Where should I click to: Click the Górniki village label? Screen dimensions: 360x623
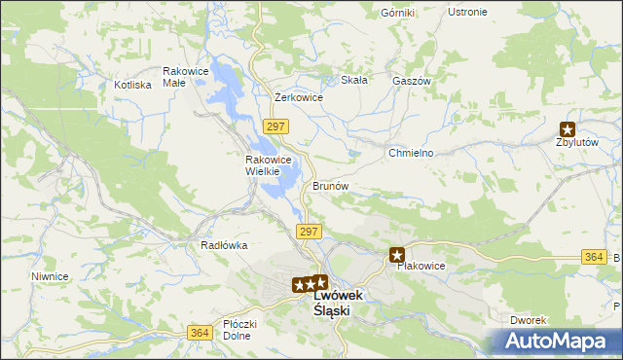(x=398, y=13)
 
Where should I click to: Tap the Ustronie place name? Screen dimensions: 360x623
(x=467, y=12)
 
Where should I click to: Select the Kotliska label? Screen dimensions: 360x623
(x=132, y=85)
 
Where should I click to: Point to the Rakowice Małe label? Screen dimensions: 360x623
(x=187, y=77)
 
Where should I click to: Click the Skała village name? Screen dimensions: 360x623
(x=353, y=81)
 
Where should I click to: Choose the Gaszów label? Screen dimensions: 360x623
(x=411, y=82)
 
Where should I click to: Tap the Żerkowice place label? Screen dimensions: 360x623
(x=299, y=97)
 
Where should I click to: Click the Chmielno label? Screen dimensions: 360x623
(x=411, y=154)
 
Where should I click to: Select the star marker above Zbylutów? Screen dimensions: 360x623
(x=568, y=127)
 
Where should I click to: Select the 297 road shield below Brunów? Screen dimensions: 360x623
(x=308, y=232)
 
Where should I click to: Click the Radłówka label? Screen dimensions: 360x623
(x=224, y=246)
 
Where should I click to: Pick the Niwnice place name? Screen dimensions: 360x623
(x=50, y=276)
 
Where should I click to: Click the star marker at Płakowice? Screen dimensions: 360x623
(x=397, y=255)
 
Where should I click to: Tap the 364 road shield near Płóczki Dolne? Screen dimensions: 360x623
(x=200, y=333)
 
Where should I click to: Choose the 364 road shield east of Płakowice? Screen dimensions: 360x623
(x=594, y=256)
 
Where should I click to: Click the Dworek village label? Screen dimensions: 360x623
(x=530, y=320)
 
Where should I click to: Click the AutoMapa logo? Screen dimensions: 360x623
(x=559, y=342)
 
